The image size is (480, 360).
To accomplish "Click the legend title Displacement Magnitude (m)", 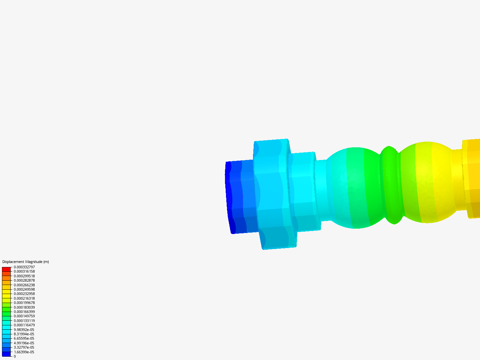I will pyautogui.click(x=25, y=262).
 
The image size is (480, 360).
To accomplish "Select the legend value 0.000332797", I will pyautogui.click(x=24, y=267).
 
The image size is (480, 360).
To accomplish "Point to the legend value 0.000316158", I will pyautogui.click(x=24, y=271).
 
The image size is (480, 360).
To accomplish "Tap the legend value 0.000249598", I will pyautogui.click(x=24, y=289).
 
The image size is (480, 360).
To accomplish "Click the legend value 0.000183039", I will pyautogui.click(x=24, y=307).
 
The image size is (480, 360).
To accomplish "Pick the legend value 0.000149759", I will pyautogui.click(x=24, y=316).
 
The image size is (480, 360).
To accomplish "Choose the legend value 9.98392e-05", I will pyautogui.click(x=24, y=330).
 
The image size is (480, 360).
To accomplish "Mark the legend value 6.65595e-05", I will pyautogui.click(x=24, y=338).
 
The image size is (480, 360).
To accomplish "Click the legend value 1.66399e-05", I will pyautogui.click(x=24, y=352).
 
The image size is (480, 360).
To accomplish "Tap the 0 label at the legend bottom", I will pyautogui.click(x=15, y=356).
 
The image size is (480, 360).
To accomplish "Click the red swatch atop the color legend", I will pyautogui.click(x=6, y=269).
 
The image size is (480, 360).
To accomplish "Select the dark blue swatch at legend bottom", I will pyautogui.click(x=6, y=354).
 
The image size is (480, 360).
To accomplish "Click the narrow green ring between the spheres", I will pyautogui.click(x=390, y=185).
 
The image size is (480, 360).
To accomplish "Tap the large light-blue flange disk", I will pyautogui.click(x=272, y=193).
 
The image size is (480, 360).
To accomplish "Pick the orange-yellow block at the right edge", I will pyautogui.click(x=473, y=178).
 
